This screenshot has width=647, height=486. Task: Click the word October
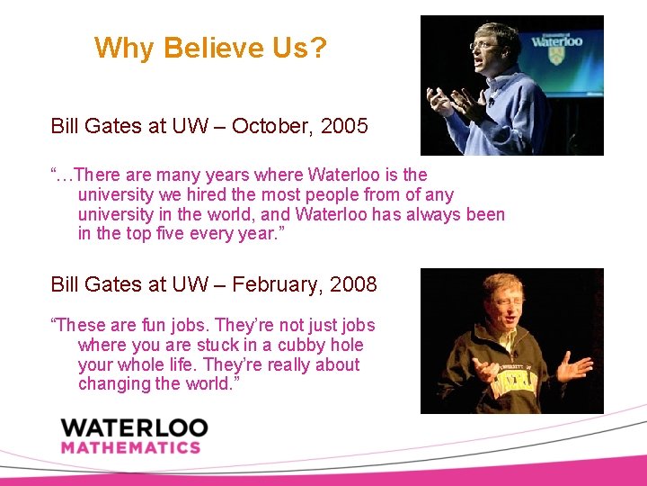[x=268, y=126]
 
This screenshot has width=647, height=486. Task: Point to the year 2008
[x=353, y=285]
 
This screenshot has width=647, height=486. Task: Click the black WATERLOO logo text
[x=134, y=427]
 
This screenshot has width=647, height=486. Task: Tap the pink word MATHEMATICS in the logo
[x=130, y=447]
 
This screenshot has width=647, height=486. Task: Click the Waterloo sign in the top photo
[x=556, y=40]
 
